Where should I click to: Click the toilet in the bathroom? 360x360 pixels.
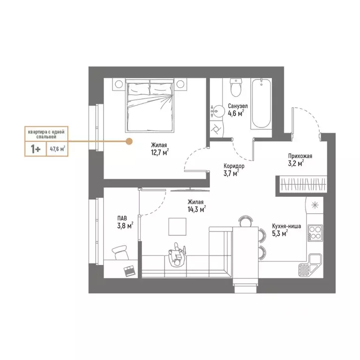click(235, 88)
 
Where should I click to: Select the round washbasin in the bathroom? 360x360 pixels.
click(219, 111)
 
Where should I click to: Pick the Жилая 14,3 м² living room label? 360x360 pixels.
click(196, 206)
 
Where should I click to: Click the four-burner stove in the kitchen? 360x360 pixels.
click(314, 232)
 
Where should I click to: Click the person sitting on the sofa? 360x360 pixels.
click(177, 255)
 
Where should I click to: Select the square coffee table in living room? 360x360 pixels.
click(179, 228)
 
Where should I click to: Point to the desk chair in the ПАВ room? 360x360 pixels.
click(120, 252)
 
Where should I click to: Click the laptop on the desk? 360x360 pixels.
click(128, 270)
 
